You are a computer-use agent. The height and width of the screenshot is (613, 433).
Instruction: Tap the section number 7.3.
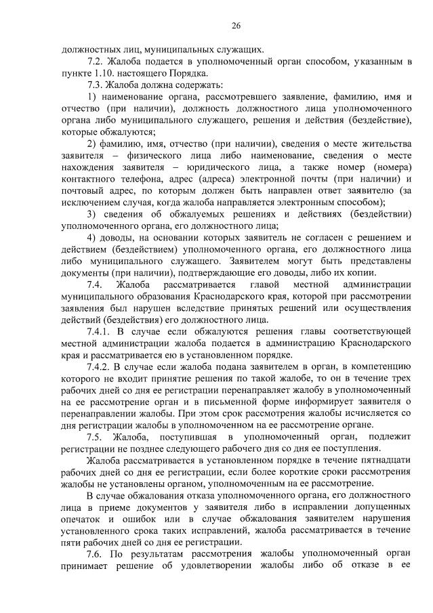(x=96, y=85)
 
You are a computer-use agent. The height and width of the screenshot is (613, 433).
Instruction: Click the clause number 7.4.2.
(x=100, y=367)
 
